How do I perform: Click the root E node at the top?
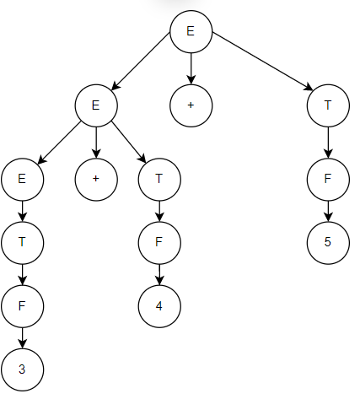pos(191,31)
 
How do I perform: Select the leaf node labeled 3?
pos(23,369)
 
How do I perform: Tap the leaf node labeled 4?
pos(159,306)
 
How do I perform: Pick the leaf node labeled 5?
pos(328,243)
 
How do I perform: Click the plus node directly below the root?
pos(191,105)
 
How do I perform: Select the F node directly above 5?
pos(328,180)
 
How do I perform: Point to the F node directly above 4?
pos(159,243)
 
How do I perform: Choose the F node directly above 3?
pos(23,306)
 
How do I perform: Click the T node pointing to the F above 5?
pos(328,105)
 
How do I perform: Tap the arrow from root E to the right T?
pos(262,62)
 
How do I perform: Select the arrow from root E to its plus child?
pos(191,68)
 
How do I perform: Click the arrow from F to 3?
pos(23,337)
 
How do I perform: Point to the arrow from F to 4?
pos(159,274)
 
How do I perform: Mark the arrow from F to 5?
pos(328,211)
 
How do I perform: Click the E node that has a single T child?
pos(23,180)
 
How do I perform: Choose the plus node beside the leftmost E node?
pos(96,180)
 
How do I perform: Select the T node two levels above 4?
pos(159,180)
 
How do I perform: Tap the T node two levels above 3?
pos(23,243)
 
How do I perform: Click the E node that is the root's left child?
pos(96,105)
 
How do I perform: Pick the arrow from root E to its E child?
pos(141,62)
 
